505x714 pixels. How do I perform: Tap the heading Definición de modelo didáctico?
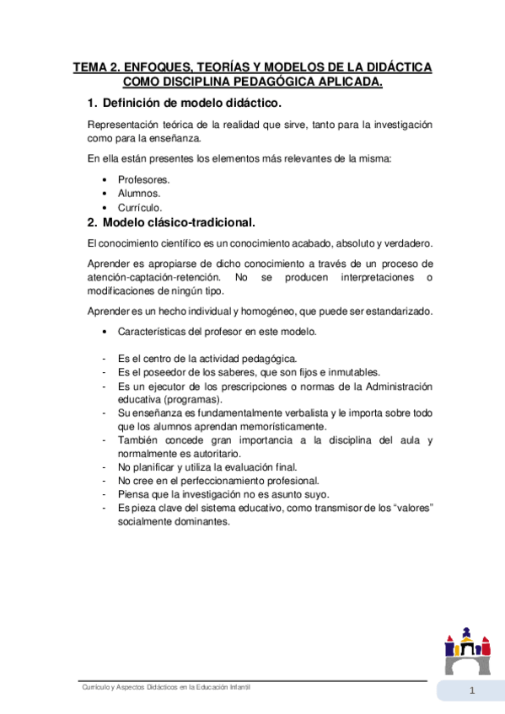[191, 103]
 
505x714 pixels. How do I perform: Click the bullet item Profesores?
[143, 179]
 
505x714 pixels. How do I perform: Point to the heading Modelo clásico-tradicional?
[178, 223]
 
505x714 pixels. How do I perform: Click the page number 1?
[473, 691]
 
